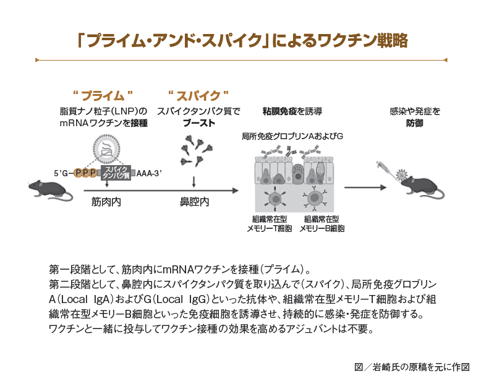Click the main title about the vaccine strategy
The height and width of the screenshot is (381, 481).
pos(240,40)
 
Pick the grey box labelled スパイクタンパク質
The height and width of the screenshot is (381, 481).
pos(117,173)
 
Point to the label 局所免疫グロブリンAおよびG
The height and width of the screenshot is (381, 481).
pos(292,135)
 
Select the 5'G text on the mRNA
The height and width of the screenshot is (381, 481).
pos(63,173)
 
